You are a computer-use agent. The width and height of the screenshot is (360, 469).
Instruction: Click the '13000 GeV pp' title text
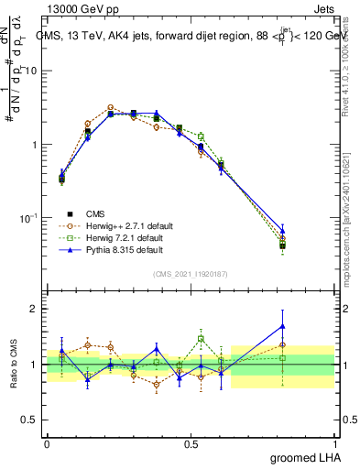tap(77, 10)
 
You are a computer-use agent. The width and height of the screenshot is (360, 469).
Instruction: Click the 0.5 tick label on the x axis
tap(191, 444)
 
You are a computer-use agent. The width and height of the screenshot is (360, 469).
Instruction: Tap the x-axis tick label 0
tap(47, 444)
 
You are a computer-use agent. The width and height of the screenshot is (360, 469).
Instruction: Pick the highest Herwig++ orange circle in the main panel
tap(110, 107)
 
